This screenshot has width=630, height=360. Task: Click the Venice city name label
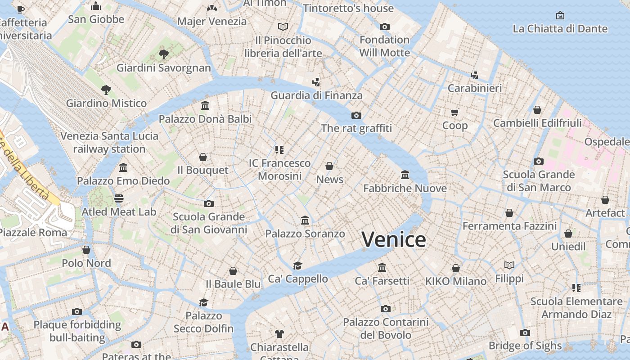(394, 239)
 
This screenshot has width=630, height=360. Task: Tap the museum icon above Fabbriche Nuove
(405, 175)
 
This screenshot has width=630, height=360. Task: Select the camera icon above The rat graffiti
(356, 116)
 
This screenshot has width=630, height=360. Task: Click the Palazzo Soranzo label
(305, 234)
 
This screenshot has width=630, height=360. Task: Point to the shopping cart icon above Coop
(455, 112)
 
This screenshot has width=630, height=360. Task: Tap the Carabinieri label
(474, 88)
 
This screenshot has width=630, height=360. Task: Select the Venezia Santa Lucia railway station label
(109, 142)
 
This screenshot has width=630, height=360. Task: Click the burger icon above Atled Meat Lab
(119, 198)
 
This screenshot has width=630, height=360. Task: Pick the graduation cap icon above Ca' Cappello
(297, 265)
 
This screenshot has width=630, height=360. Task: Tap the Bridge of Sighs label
(525, 346)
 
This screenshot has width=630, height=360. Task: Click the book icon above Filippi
(509, 265)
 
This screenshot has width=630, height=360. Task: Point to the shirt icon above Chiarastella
(279, 334)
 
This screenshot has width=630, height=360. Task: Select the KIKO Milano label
(456, 281)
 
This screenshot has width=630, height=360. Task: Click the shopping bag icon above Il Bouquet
(203, 157)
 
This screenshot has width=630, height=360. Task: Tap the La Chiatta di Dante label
(560, 29)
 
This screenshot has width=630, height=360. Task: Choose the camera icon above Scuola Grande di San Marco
(539, 162)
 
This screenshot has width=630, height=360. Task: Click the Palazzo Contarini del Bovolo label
(386, 328)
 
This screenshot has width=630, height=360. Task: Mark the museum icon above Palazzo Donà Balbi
(205, 106)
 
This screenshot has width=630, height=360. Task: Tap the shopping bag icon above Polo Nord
(86, 250)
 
